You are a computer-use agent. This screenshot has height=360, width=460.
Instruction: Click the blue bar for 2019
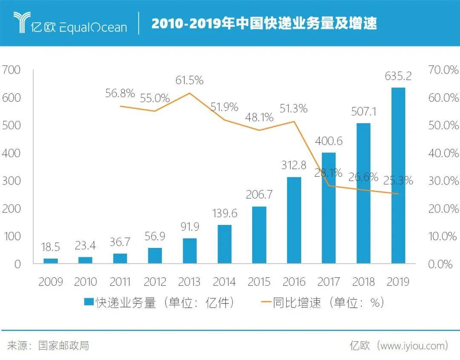pos(398,175)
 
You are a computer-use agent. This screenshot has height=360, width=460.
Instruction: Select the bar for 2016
pos(294,220)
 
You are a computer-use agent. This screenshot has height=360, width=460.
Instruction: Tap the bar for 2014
pos(224,244)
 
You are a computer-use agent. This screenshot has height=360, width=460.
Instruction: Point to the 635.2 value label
pos(398,76)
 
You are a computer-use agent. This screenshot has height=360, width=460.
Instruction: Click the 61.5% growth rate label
pos(190,80)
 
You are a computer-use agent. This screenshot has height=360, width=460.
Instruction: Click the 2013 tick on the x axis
pos(190,282)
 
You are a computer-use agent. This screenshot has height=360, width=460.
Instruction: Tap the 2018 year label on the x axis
pos(363,282)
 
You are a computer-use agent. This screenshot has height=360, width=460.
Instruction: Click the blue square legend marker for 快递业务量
pos(89,302)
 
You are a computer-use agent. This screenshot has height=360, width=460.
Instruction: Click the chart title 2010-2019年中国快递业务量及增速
pos(264,23)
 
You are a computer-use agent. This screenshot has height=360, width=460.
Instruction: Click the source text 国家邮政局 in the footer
pos(63,345)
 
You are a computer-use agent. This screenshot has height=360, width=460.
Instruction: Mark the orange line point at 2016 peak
pos(294,122)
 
